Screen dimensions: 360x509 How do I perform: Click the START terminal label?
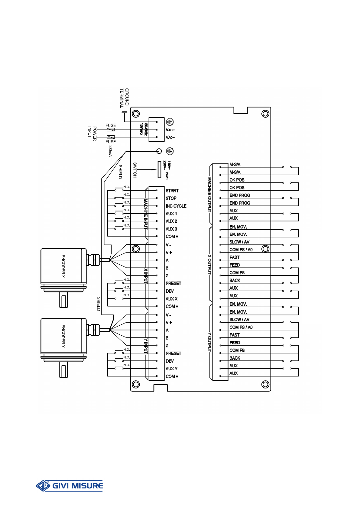pyautogui.click(x=172, y=191)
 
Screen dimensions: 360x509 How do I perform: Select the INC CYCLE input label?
pyautogui.click(x=176, y=206)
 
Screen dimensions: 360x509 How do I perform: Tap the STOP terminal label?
pyautogui.click(x=171, y=198)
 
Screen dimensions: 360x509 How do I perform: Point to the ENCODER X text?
pyautogui.click(x=63, y=266)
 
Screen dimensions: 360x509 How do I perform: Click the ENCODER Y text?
pyautogui.click(x=63, y=336)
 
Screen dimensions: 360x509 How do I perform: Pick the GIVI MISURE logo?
pyautogui.click(x=69, y=486)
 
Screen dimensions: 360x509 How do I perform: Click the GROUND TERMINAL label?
pyautogui.click(x=125, y=98)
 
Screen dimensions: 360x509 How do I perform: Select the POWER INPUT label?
pyautogui.click(x=92, y=134)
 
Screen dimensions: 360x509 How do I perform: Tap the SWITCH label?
pyautogui.click(x=135, y=170)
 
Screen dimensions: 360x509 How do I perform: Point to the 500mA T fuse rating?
pyautogui.click(x=110, y=152)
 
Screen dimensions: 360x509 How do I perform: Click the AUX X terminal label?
pyautogui.click(x=171, y=299)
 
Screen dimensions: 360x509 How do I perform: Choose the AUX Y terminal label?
pyautogui.click(x=171, y=369)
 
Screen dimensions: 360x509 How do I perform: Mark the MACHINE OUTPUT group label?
pyautogui.click(x=209, y=195)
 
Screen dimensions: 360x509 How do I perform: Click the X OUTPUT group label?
pyautogui.click(x=209, y=265)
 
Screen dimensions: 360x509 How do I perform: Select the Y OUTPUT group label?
pyautogui.click(x=209, y=342)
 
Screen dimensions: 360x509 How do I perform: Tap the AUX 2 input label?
pyautogui.click(x=171, y=221)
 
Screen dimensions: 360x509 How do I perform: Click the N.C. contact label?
pyautogui.click(x=126, y=195)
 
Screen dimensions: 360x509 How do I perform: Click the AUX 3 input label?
pyautogui.click(x=171, y=229)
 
